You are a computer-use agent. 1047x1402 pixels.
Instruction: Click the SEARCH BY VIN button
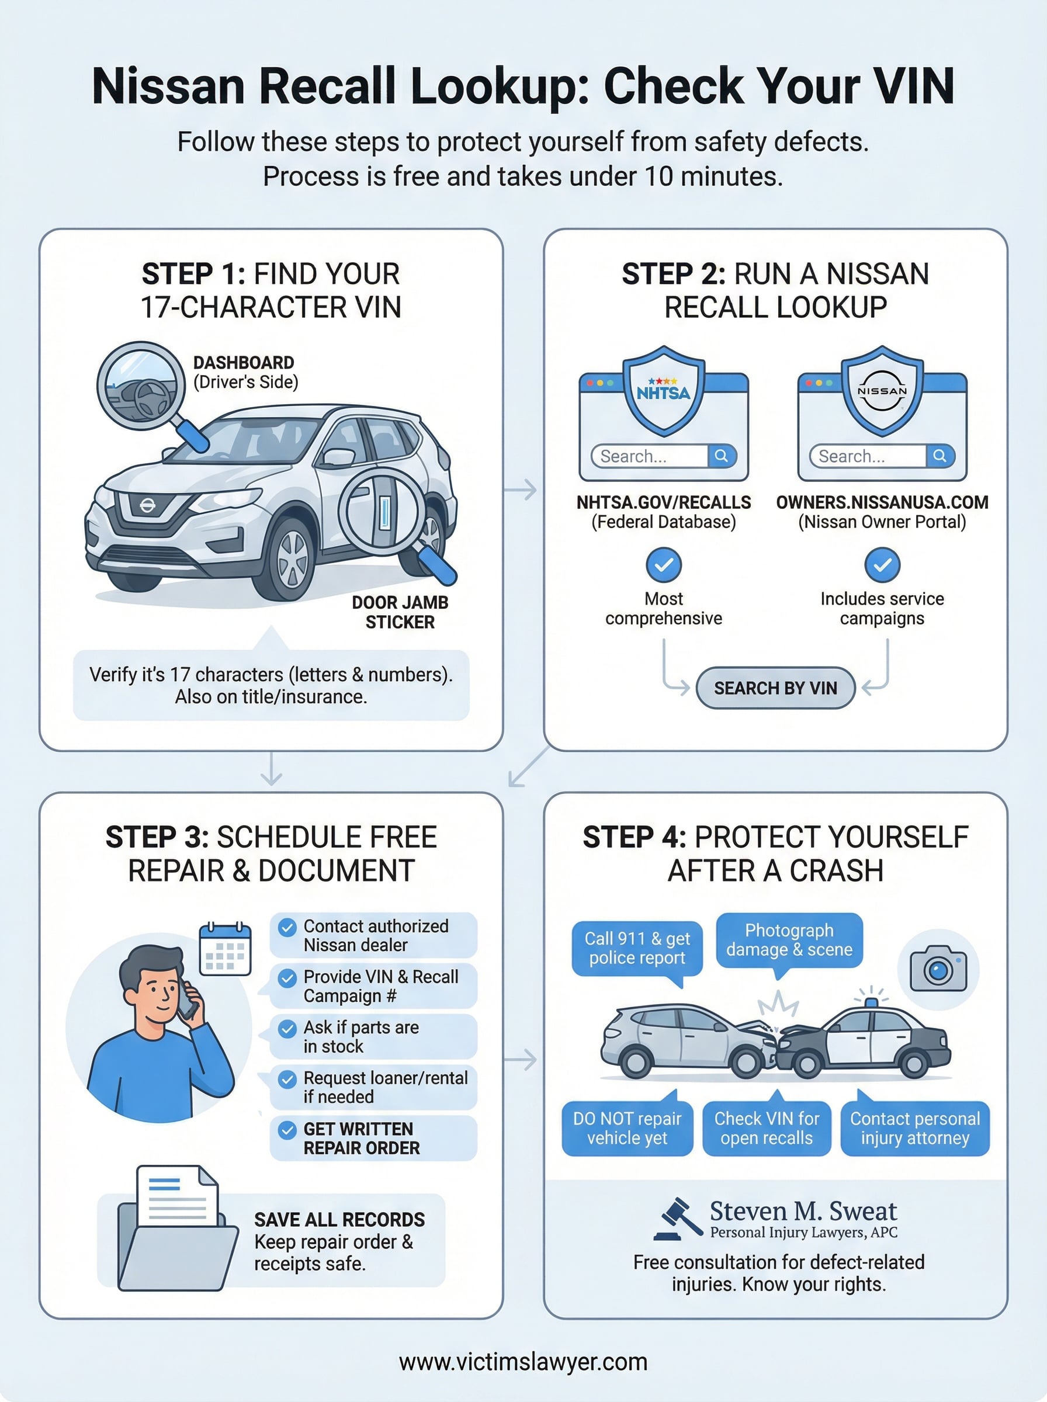775,688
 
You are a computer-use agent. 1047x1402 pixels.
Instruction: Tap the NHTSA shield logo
663,391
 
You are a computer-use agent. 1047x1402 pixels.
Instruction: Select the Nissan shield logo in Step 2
882,391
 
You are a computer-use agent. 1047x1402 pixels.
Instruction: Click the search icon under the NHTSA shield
721,456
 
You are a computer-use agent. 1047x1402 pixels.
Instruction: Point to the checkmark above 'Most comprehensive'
663,564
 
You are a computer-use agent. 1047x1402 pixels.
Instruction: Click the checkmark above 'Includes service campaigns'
882,564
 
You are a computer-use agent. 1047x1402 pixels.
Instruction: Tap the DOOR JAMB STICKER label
400,612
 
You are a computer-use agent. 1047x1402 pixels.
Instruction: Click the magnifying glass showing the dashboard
141,387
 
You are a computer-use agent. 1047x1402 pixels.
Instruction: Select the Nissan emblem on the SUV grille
147,505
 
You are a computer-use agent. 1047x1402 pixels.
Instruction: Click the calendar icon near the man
225,948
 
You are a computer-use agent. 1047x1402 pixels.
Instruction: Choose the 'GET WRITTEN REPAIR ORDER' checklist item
373,1138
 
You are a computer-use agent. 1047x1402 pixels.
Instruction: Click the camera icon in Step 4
938,969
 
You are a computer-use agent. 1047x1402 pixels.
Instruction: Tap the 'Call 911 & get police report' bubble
637,948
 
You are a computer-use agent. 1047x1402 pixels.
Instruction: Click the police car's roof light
872,1002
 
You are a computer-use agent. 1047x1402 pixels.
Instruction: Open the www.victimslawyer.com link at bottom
523,1362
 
